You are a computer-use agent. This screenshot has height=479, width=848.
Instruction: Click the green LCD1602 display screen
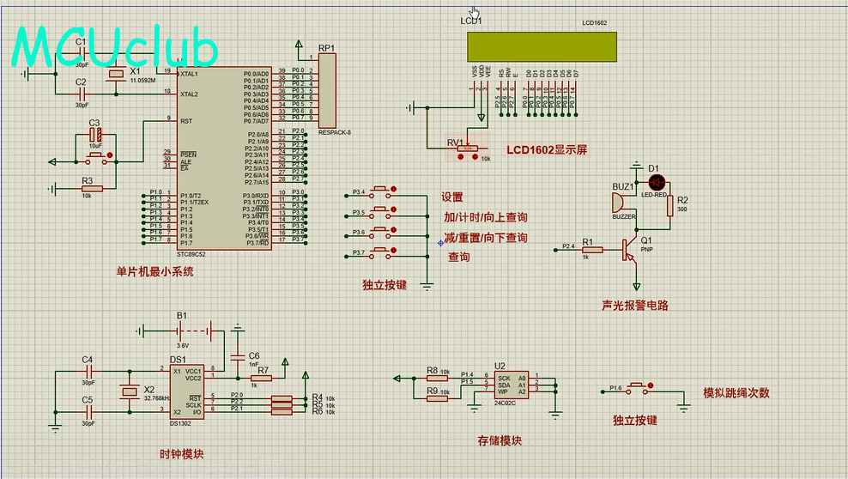(x=541, y=46)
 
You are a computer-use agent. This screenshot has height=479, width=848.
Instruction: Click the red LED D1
(x=657, y=182)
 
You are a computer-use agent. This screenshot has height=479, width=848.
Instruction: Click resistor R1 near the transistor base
(x=587, y=250)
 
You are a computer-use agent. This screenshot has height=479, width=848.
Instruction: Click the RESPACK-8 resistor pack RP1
(x=327, y=90)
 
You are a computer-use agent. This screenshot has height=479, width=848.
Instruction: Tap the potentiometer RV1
(x=467, y=149)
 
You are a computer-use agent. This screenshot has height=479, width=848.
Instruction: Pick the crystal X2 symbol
(x=128, y=392)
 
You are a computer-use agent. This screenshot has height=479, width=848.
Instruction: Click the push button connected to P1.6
(x=638, y=389)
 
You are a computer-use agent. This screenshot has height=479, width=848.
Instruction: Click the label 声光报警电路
(x=635, y=305)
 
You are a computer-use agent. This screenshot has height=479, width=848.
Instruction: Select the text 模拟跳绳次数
(x=736, y=393)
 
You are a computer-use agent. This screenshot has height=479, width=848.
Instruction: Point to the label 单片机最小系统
(x=155, y=271)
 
